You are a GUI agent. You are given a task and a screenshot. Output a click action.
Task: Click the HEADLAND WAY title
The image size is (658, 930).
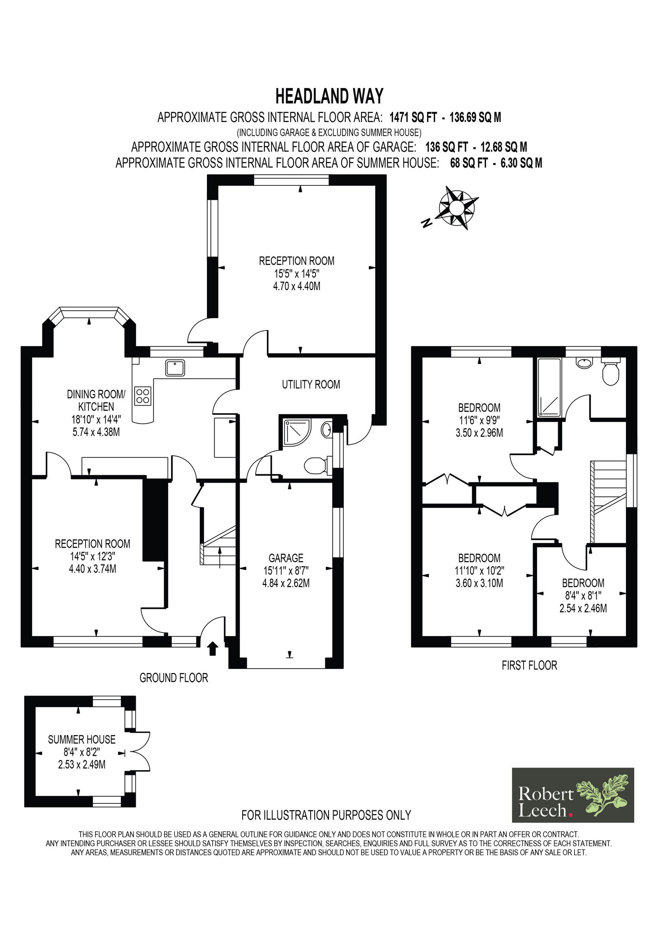(x=329, y=96)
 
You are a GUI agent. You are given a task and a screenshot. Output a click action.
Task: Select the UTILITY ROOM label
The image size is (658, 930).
(x=311, y=384)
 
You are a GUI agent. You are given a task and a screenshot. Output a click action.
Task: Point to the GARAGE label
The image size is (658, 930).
(x=286, y=558)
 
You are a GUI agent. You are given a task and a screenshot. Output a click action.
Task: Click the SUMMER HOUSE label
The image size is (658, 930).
(x=81, y=740)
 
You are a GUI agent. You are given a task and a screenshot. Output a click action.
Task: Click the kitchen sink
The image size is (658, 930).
(x=176, y=367)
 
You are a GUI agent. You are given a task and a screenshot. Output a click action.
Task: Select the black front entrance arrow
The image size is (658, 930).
(x=213, y=648)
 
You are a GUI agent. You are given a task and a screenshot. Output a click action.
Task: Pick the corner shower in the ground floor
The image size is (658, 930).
(x=295, y=434)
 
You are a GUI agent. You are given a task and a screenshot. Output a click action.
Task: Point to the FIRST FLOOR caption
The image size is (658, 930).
(x=529, y=665)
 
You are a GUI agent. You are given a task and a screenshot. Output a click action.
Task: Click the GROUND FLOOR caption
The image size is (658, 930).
(x=174, y=678)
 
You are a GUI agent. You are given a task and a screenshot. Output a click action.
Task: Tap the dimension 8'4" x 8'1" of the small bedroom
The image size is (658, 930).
(x=583, y=595)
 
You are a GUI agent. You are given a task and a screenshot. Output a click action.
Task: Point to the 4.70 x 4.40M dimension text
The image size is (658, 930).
(x=297, y=286)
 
